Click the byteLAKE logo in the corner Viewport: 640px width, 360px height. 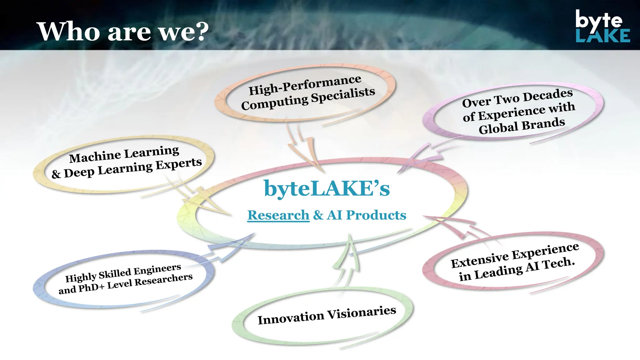pos(602,26)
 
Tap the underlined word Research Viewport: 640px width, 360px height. pos(278,215)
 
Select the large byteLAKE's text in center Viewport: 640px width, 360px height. pos(327,188)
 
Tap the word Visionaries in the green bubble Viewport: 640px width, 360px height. pos(362,313)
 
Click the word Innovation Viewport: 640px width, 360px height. pos(291,318)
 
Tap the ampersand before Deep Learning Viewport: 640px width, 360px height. pos(56,174)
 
